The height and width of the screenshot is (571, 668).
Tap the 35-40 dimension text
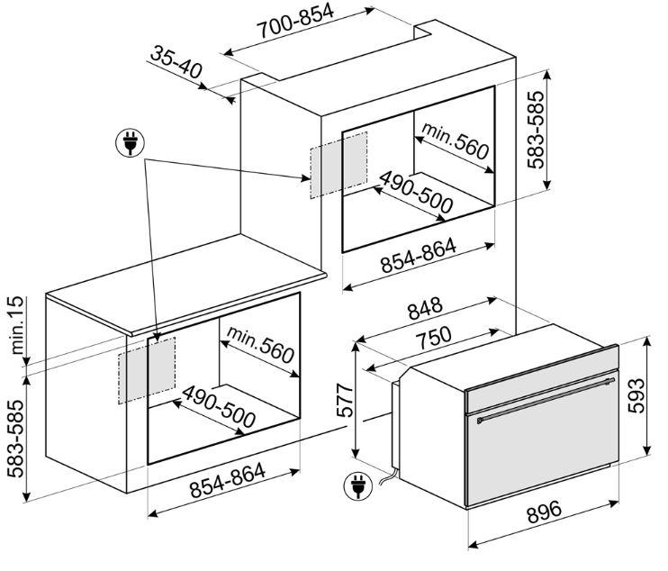tap(176, 62)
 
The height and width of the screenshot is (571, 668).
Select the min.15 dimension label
tap(16, 325)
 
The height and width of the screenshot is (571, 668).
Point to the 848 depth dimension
tap(425, 309)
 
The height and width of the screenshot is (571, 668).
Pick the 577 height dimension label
tap(345, 400)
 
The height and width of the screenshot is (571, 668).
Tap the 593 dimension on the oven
tap(636, 395)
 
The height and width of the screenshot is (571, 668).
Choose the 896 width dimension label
tap(545, 512)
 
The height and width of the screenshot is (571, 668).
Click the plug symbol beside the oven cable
tap(358, 485)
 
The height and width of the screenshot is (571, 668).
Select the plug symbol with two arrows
tap(130, 143)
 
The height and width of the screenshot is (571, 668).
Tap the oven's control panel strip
tap(542, 378)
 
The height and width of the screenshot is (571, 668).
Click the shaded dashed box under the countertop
tap(147, 370)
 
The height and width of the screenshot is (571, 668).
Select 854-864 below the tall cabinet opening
tap(419, 256)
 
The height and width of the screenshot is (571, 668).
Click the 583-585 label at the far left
tap(16, 438)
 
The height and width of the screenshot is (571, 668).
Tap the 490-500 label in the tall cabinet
tap(416, 192)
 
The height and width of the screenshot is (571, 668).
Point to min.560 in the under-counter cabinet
tap(260, 345)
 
